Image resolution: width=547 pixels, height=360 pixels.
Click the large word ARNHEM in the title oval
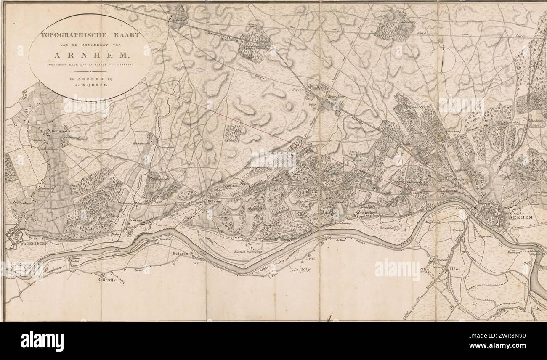click(x=90, y=54)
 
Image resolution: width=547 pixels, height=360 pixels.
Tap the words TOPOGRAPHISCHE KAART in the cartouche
click(x=90, y=36)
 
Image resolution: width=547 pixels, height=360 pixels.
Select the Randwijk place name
click(x=106, y=279)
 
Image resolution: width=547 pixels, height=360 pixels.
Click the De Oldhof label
click(x=300, y=270)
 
